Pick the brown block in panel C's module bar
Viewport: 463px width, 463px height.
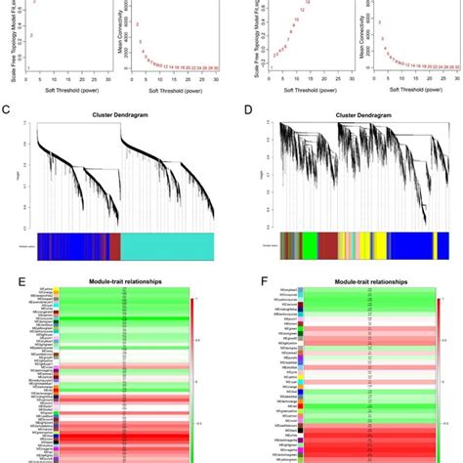click(115, 245)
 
